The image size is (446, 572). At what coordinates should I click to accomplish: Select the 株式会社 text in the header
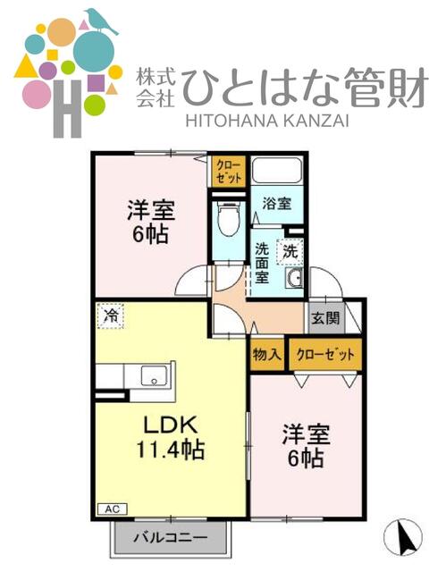[x=155, y=86]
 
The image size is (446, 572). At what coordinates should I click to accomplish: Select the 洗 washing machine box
[x=290, y=252]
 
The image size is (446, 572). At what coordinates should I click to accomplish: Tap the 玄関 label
[x=324, y=318]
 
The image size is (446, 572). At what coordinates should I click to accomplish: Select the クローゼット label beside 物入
[x=324, y=354]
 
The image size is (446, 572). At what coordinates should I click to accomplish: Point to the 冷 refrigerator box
[x=111, y=315]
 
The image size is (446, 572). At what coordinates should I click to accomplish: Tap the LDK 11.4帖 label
[x=170, y=437]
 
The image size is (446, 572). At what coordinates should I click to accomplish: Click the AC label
[x=111, y=509]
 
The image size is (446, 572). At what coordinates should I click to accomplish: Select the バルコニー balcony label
[x=171, y=538]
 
